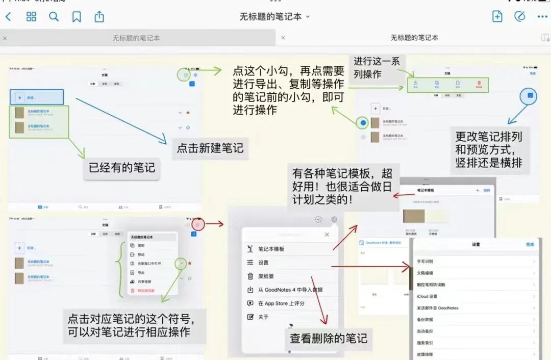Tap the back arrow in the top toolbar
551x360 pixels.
(8, 17)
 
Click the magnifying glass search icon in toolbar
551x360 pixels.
(54, 17)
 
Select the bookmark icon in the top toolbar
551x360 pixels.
(77, 17)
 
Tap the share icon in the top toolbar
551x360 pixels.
(99, 17)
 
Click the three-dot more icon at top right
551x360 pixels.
(542, 17)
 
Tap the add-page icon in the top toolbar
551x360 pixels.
(497, 16)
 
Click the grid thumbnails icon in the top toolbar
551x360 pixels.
(31, 17)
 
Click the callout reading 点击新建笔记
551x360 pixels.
(210, 148)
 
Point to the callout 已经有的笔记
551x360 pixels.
(122, 167)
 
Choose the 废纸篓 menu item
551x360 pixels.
(266, 276)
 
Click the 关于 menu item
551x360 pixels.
(263, 317)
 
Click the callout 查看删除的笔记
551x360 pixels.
(329, 339)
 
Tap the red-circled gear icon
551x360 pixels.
(198, 224)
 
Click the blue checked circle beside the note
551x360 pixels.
(363, 122)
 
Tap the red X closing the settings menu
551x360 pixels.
(327, 235)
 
